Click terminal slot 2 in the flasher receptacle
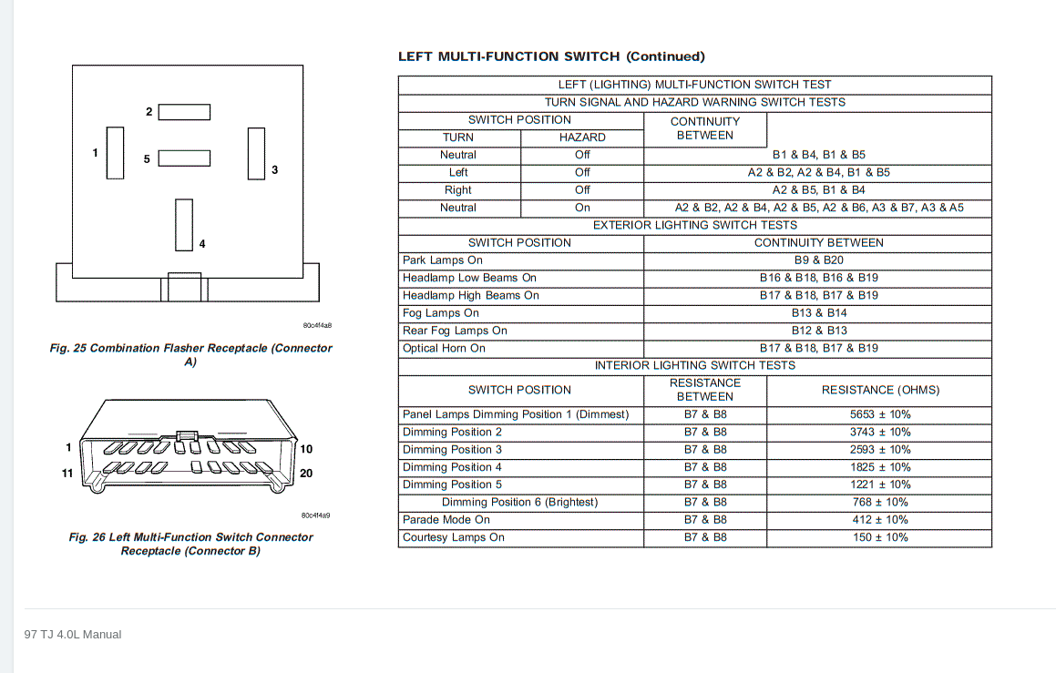[184, 112]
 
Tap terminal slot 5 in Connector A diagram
[184, 158]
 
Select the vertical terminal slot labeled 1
[115, 153]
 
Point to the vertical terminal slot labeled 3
[256, 154]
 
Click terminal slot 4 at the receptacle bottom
[184, 224]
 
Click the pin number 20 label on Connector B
[306, 474]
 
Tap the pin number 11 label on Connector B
[67, 474]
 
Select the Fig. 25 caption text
[190, 354]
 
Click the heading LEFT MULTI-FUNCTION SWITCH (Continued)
[551, 56]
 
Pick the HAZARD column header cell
[582, 138]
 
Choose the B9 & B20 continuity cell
[818, 260]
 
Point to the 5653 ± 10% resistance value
[879, 414]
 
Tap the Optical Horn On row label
[444, 348]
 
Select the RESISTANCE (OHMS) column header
[879, 390]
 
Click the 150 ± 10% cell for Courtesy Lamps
[879, 537]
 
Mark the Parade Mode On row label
[446, 520]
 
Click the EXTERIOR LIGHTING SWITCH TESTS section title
[694, 225]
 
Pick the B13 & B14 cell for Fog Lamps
[818, 313]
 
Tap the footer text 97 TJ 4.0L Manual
[73, 634]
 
